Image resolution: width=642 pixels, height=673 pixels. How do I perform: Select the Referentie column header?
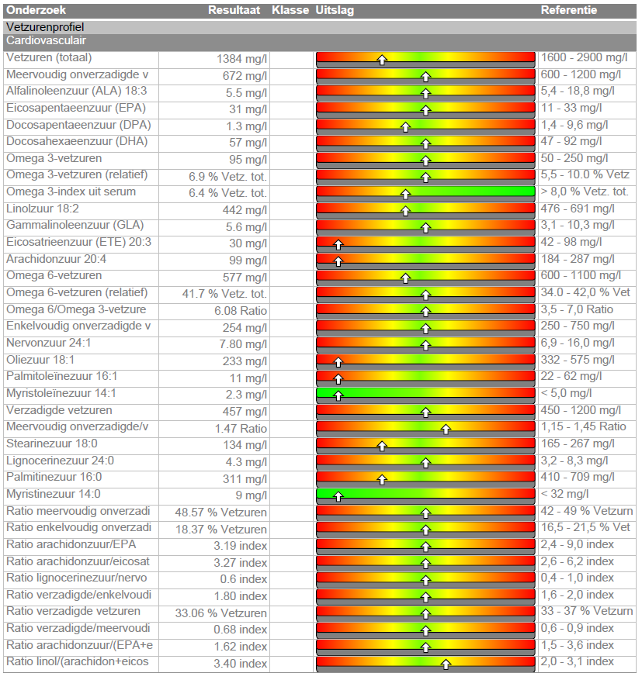pyautogui.click(x=568, y=10)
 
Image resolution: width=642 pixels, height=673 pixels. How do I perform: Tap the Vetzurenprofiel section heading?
pyautogui.click(x=44, y=27)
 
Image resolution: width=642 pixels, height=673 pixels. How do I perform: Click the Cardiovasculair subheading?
pyautogui.click(x=46, y=40)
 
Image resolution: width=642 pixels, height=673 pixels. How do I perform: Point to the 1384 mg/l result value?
pyautogui.click(x=241, y=59)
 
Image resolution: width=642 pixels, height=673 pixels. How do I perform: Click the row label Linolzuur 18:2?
pyautogui.click(x=43, y=209)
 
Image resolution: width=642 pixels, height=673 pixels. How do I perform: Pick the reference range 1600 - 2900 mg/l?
pyautogui.click(x=584, y=58)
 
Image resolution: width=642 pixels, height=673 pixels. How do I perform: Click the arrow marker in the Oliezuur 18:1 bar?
pyautogui.click(x=338, y=361)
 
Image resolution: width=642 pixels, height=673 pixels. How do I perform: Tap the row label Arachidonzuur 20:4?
pyautogui.click(x=56, y=259)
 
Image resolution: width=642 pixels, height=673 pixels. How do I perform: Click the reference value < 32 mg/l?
pyautogui.click(x=564, y=494)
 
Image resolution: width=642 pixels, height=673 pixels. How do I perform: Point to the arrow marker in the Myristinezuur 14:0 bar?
pyautogui.click(x=338, y=495)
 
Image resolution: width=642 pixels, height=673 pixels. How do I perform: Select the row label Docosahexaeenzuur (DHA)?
pyautogui.click(x=76, y=142)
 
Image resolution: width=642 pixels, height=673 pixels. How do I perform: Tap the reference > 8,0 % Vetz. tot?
pyautogui.click(x=585, y=192)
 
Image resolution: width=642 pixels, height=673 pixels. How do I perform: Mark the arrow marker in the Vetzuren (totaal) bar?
pyautogui.click(x=382, y=60)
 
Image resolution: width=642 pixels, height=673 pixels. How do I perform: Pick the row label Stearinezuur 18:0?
pyautogui.click(x=52, y=443)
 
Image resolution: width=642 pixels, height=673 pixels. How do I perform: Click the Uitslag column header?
pyautogui.click(x=335, y=10)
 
